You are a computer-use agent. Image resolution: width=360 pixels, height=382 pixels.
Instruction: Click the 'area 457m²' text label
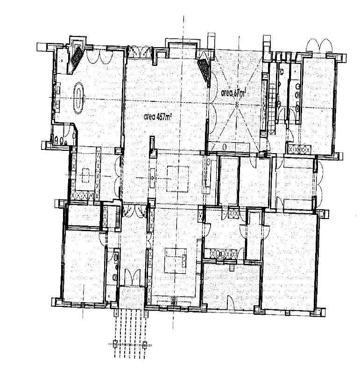pyautogui.click(x=157, y=117)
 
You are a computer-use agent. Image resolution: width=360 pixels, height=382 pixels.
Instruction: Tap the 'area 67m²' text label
pyautogui.click(x=233, y=92)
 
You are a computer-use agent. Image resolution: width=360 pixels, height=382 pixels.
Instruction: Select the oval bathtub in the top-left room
pyautogui.click(x=78, y=98)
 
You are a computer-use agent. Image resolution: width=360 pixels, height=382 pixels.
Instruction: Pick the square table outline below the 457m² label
pyautogui.click(x=177, y=179)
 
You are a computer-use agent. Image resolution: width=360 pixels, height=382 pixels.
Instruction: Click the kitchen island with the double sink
pyautogui.click(x=176, y=261)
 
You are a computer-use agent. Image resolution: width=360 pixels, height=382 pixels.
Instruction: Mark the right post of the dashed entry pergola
pyautogui.click(x=145, y=345)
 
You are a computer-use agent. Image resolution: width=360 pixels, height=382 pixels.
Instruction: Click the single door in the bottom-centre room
pyautogui.click(x=231, y=303)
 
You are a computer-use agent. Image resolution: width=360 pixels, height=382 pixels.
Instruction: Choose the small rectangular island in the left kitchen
pyautogui.click(x=85, y=175)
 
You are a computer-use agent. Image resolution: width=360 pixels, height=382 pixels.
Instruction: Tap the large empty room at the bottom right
pyautogui.click(x=289, y=261)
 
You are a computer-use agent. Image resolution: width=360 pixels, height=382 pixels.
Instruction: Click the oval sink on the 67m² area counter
pyautogui.click(x=225, y=147)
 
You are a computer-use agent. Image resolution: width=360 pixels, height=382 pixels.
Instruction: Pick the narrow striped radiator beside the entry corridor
pyautogui.click(x=118, y=216)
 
